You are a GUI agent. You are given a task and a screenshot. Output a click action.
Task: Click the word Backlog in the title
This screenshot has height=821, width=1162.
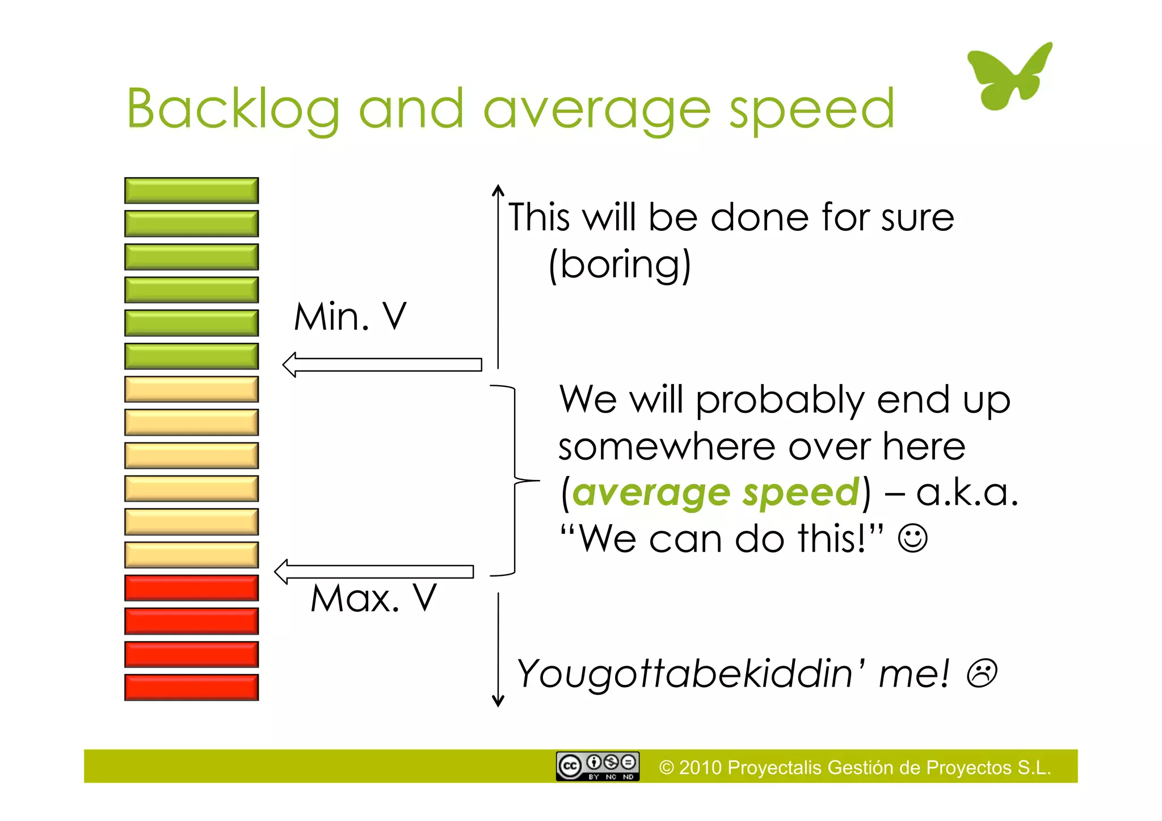pos(233,110)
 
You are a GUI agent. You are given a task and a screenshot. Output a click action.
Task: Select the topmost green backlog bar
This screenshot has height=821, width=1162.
pos(191,191)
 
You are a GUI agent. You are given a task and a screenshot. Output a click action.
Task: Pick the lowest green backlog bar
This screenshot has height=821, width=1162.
pos(191,356)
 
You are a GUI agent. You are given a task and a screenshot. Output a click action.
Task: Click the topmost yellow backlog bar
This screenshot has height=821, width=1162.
pos(191,389)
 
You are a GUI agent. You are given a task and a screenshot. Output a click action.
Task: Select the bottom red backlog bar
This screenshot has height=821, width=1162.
pos(191,687)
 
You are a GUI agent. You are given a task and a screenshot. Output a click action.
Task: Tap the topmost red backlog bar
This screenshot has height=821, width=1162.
pos(191,588)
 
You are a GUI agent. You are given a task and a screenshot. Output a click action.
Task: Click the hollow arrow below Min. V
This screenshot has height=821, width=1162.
pos(382,364)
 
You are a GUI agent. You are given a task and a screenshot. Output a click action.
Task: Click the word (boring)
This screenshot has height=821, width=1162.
pos(620,265)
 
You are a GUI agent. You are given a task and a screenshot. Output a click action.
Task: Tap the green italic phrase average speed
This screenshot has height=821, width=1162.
pos(716,492)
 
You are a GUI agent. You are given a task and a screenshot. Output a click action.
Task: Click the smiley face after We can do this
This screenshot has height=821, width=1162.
pos(912,538)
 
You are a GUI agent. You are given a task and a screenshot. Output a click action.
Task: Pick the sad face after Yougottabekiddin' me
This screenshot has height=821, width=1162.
pos(982,673)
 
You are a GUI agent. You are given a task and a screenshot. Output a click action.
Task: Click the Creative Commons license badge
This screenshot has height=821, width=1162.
pos(597,767)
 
